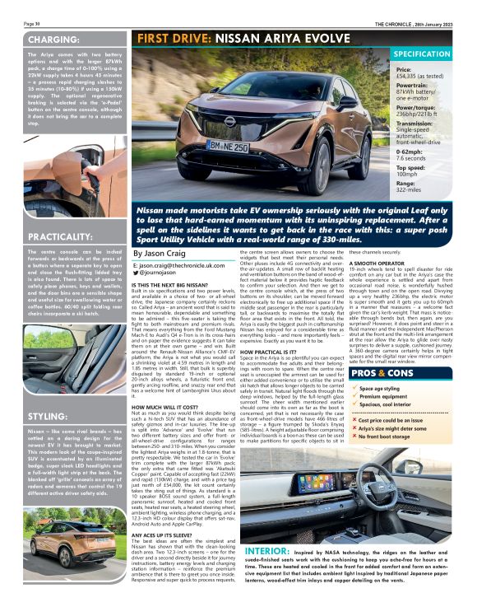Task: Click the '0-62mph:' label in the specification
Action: [x=411, y=151]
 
